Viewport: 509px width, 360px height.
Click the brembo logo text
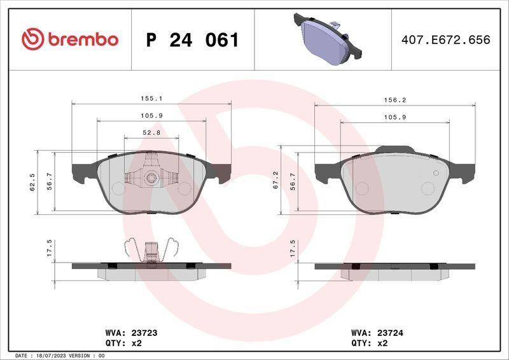click(70, 39)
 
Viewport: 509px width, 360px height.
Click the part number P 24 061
click(192, 40)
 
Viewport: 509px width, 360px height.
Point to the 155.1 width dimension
click(151, 99)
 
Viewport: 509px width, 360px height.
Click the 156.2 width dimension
click(394, 100)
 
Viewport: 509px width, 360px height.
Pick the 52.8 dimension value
click(151, 132)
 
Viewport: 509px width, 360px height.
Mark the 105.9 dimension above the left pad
click(151, 116)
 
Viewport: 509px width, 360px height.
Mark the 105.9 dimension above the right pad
click(394, 117)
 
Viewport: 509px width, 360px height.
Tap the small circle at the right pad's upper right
click(435, 173)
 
